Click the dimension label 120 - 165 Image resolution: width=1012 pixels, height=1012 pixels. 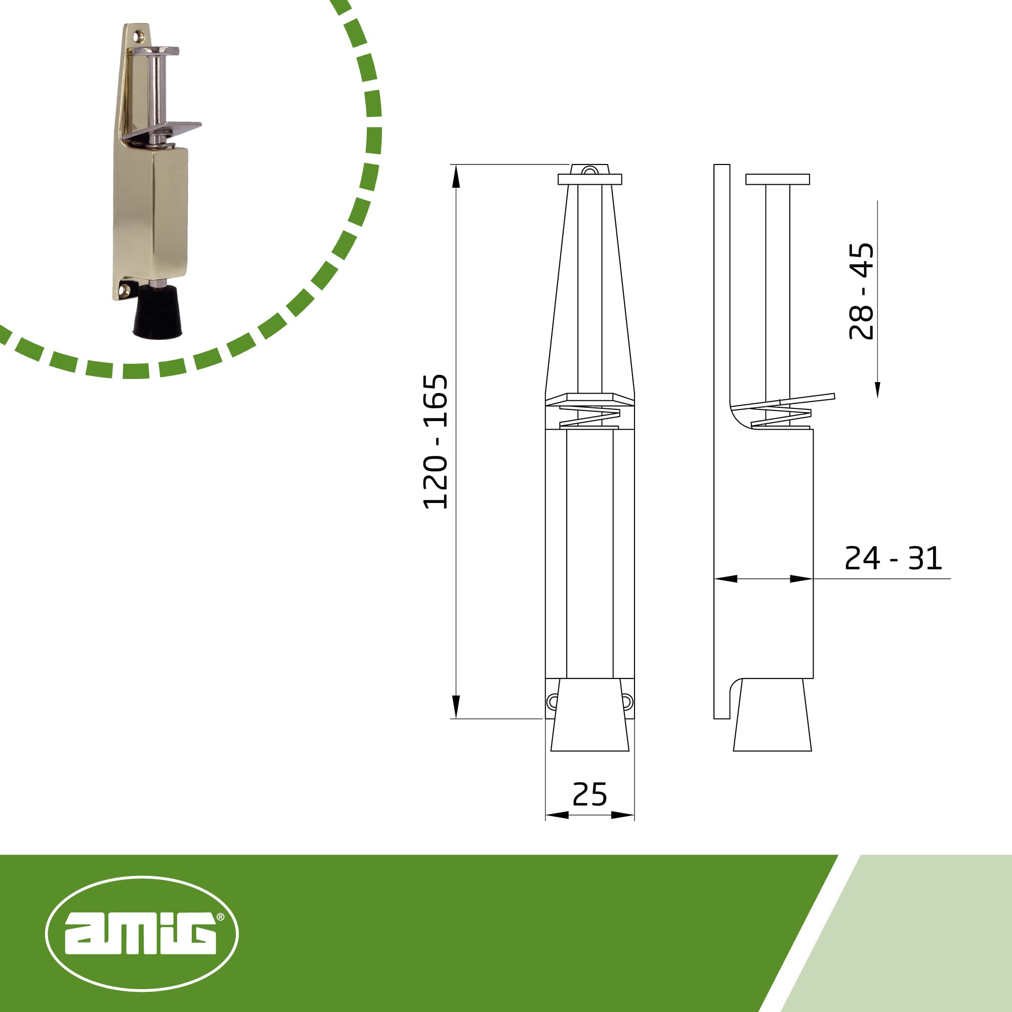(435, 442)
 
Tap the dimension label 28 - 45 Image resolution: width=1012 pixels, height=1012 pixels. (862, 291)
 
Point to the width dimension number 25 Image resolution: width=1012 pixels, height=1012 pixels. (590, 794)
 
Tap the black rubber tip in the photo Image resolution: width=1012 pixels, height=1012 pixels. (157, 312)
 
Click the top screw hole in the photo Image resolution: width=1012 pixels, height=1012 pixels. (139, 36)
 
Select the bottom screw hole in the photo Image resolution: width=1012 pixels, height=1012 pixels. (124, 289)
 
